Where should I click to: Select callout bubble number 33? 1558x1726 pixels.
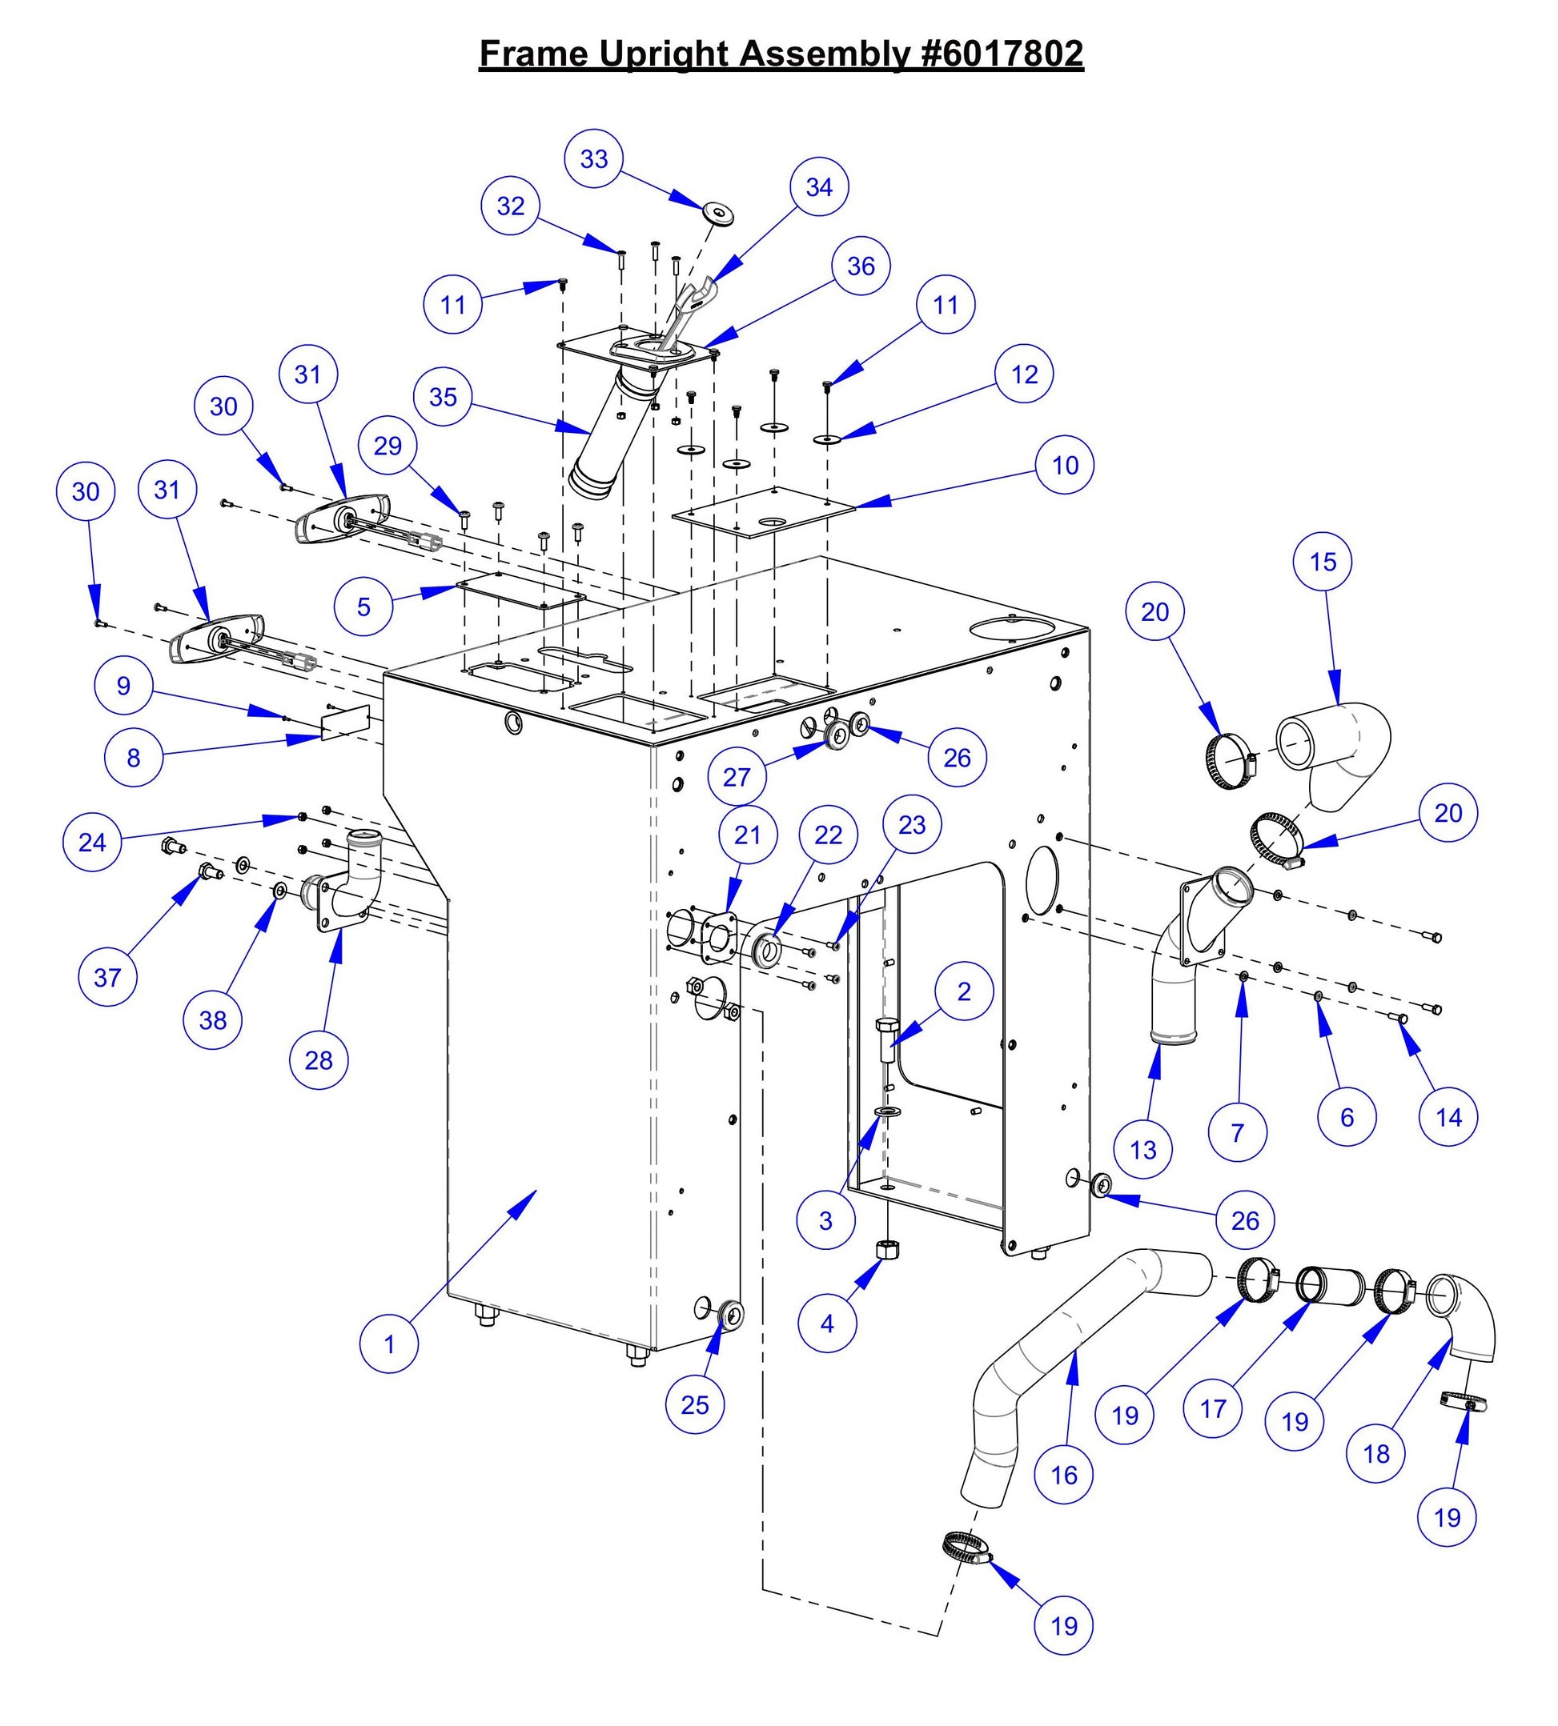(594, 159)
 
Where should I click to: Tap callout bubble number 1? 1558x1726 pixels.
(389, 1344)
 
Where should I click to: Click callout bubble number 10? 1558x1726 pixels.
(1065, 466)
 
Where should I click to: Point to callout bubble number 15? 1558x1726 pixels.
(1323, 563)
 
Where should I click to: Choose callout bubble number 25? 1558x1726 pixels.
(695, 1404)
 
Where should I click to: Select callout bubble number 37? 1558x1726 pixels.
(108, 977)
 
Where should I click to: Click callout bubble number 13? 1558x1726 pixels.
(1142, 1150)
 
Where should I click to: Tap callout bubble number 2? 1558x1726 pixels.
(964, 991)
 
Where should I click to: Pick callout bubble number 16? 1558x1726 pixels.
(1064, 1476)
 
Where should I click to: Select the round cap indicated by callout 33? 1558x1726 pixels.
(717, 213)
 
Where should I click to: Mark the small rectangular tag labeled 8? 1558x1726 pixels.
(344, 723)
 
